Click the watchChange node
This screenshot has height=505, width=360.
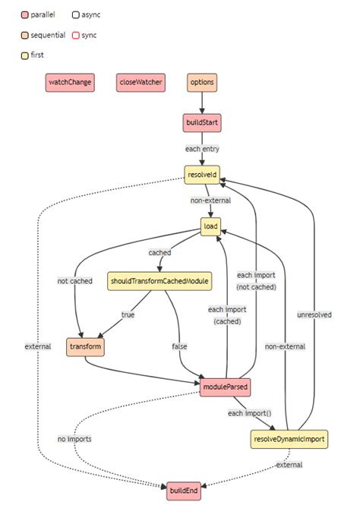[x=71, y=84]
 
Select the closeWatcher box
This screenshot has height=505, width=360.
[x=141, y=84]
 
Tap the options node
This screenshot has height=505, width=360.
[x=202, y=84]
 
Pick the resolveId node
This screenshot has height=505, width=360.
[x=202, y=175]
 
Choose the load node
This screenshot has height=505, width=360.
[x=210, y=226]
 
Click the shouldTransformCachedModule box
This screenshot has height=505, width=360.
[x=159, y=282]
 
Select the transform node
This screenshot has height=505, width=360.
[x=84, y=346]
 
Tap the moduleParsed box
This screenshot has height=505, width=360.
[x=226, y=387]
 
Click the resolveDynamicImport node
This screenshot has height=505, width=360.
[x=289, y=438]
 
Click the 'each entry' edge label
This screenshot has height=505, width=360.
[x=202, y=148]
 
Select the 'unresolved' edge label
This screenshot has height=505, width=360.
[x=314, y=314]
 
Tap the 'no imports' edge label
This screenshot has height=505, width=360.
[x=75, y=439]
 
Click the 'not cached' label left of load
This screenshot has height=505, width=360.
[x=74, y=281]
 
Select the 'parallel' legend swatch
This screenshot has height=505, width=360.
[x=26, y=14]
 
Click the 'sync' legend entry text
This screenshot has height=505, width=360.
[x=89, y=35]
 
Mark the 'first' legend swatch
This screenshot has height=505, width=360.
[x=26, y=55]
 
